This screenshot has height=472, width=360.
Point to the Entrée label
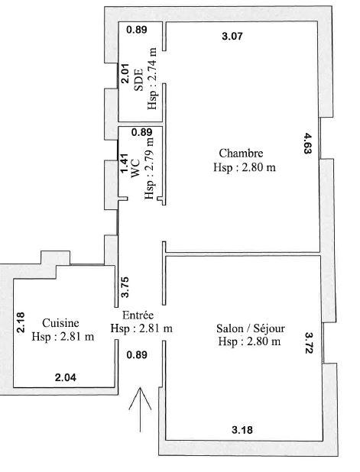pos(138,315)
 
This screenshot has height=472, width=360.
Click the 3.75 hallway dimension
pos(125,286)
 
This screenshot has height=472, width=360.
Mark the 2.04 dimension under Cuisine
pos(66,377)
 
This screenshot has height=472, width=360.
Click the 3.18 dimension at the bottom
pos(243,430)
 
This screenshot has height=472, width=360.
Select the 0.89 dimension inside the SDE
pos(136,30)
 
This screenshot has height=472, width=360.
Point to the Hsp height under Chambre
pos(245,166)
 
